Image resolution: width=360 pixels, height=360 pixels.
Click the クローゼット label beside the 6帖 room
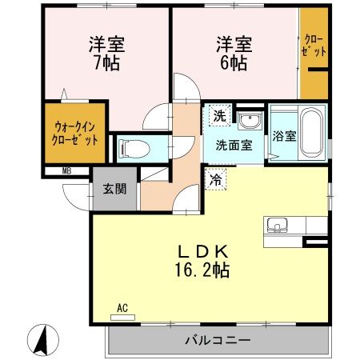pyautogui.click(x=314, y=46)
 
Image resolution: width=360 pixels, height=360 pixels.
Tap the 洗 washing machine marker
pyautogui.click(x=218, y=115)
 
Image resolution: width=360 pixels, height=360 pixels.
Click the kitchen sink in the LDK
pyautogui.click(x=278, y=225)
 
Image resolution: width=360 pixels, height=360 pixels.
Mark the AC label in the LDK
pyautogui.click(x=122, y=307)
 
